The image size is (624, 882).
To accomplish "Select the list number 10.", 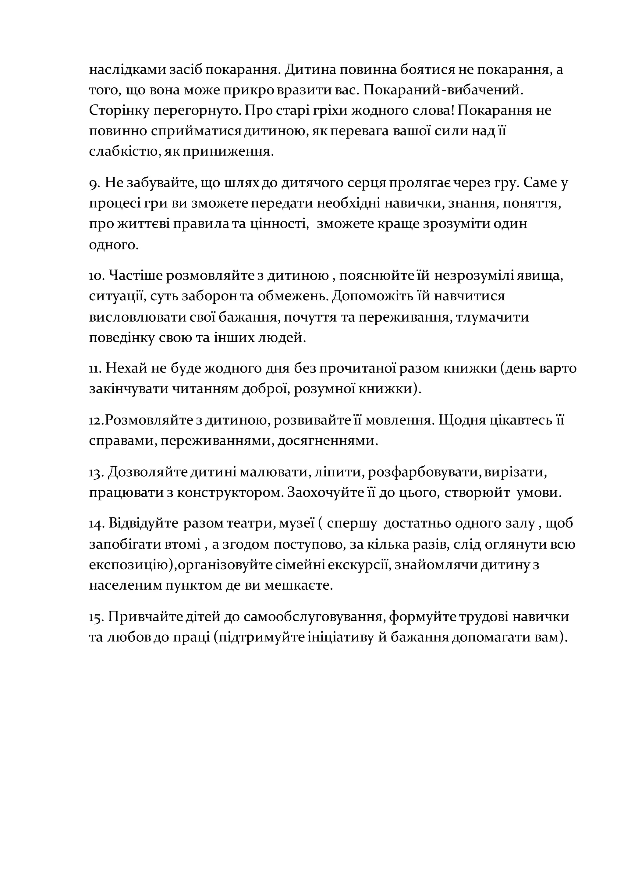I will (x=97, y=276).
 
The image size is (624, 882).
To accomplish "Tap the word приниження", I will (x=228, y=152).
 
